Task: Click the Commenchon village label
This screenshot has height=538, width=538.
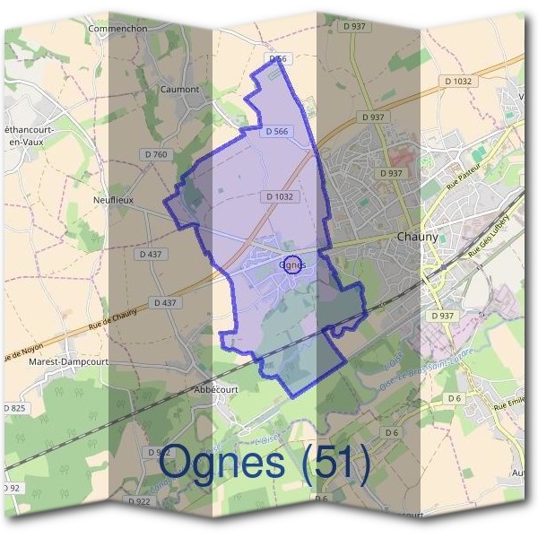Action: pyautogui.click(x=117, y=28)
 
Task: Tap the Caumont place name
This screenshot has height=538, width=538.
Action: pyautogui.click(x=178, y=90)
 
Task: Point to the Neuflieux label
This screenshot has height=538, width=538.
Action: pyautogui.click(x=113, y=200)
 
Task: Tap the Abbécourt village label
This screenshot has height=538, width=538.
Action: pyautogui.click(x=214, y=390)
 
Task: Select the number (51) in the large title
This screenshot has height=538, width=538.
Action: pyautogui.click(x=335, y=464)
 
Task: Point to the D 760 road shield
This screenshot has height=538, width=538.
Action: pyautogui.click(x=156, y=155)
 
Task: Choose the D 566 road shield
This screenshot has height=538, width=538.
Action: pyautogui.click(x=277, y=132)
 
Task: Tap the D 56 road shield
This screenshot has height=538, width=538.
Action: pyautogui.click(x=278, y=58)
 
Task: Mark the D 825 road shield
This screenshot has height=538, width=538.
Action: pyautogui.click(x=15, y=408)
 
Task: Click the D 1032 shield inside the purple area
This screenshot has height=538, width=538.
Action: pyautogui.click(x=279, y=195)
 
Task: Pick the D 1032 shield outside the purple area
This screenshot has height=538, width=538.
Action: pyautogui.click(x=457, y=82)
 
